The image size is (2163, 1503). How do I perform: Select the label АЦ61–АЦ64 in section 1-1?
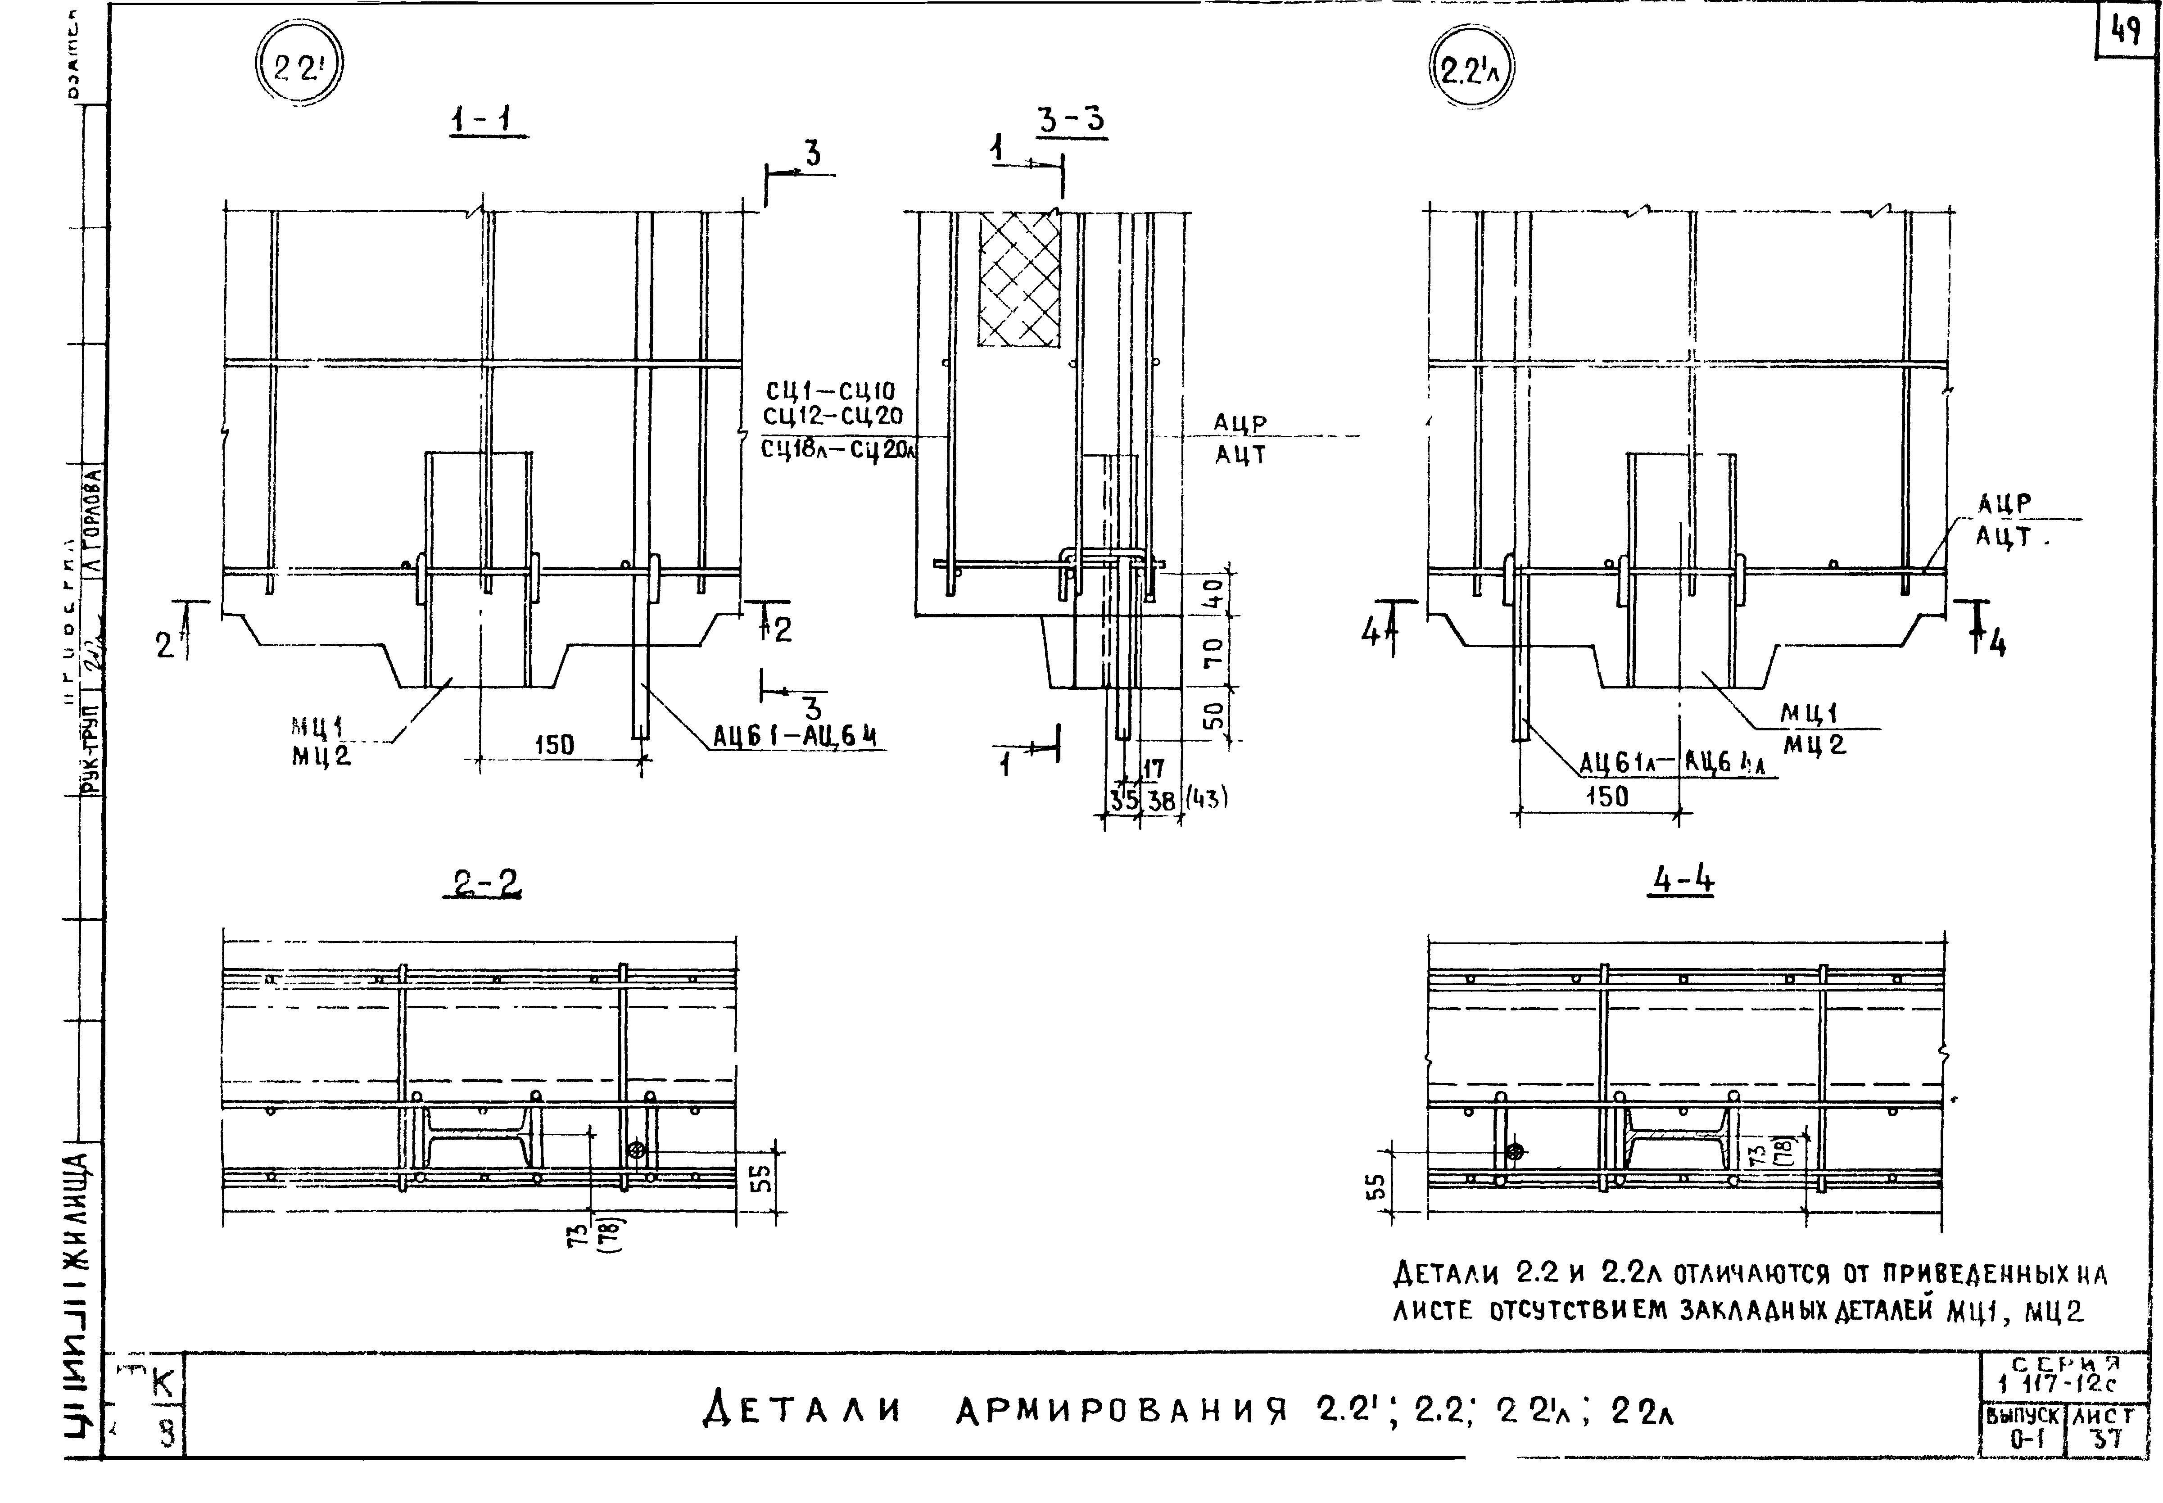pos(794,735)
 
